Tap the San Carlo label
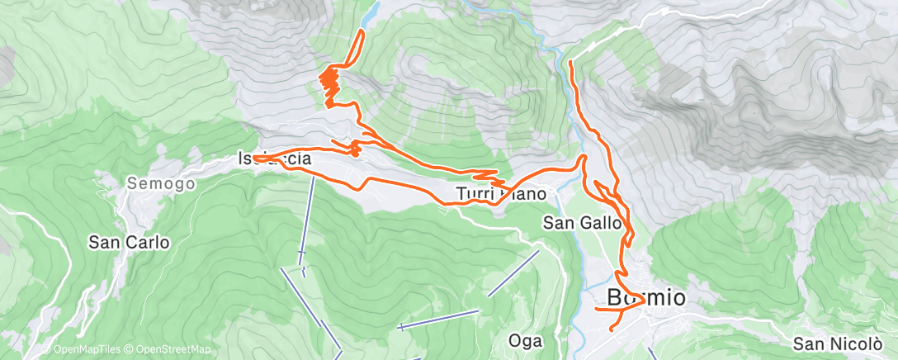(130, 243)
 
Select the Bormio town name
(646, 298)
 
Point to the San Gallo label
(582, 222)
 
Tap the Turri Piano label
(501, 195)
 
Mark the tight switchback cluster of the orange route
(330, 84)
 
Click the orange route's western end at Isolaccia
(255, 157)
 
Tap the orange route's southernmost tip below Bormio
(612, 329)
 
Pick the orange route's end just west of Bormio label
(597, 309)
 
